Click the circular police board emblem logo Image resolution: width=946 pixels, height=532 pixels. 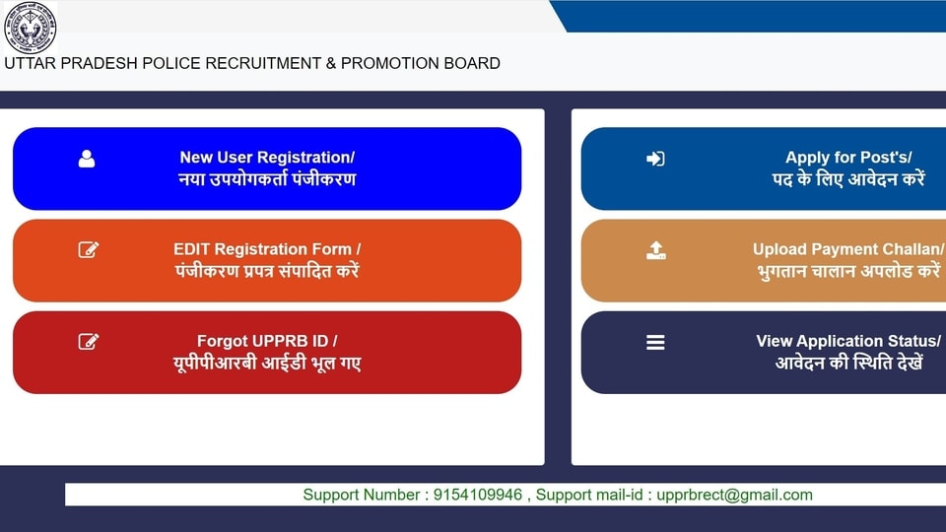[31, 28]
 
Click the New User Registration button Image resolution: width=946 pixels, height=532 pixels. [267, 168]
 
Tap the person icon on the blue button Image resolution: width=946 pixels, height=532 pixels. [87, 159]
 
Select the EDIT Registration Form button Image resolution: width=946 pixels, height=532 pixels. [267, 260]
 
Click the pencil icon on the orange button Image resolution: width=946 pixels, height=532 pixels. [89, 249]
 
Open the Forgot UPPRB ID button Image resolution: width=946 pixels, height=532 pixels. [267, 353]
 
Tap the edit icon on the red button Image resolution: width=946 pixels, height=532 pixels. [89, 342]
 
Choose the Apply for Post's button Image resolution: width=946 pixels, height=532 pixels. [764, 168]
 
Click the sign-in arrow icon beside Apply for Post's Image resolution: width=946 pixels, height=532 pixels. [655, 159]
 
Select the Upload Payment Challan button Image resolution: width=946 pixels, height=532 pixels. [764, 260]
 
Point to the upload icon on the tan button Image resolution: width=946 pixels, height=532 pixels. [656, 250]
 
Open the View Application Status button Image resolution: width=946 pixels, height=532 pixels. [764, 353]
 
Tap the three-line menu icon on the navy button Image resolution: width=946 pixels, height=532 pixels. [655, 343]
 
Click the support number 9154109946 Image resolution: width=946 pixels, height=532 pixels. [478, 495]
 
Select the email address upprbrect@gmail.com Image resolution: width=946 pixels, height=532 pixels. [734, 496]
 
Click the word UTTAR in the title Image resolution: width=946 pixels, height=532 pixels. [31, 63]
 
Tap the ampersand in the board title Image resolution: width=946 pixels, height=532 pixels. [331, 63]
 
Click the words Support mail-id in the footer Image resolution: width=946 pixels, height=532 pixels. [589, 495]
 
